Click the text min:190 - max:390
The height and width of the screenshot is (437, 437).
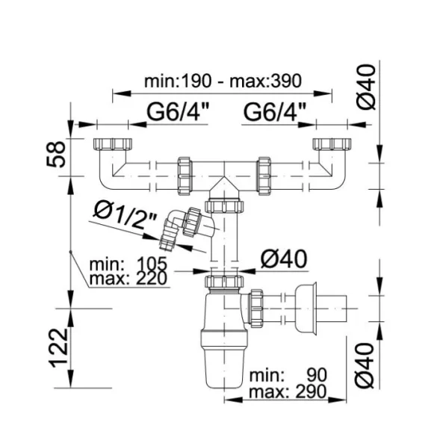223,81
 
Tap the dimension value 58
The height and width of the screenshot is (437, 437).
56,154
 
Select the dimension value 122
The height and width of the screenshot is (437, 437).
58,348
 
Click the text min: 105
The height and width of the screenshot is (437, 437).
128,264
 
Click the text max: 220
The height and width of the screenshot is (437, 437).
128,279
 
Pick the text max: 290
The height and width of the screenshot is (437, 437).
288,391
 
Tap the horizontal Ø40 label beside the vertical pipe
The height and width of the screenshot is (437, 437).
284,259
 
